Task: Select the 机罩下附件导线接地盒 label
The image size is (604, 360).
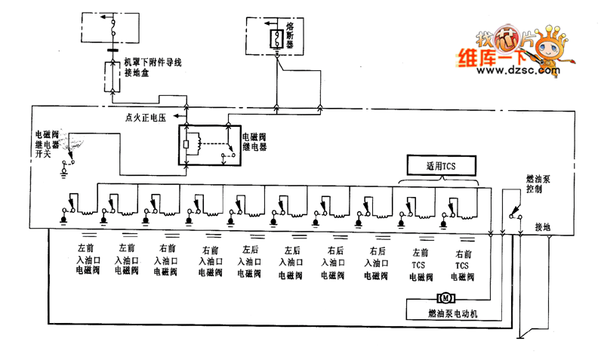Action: coord(153,68)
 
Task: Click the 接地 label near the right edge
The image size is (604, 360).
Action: coord(543,226)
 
